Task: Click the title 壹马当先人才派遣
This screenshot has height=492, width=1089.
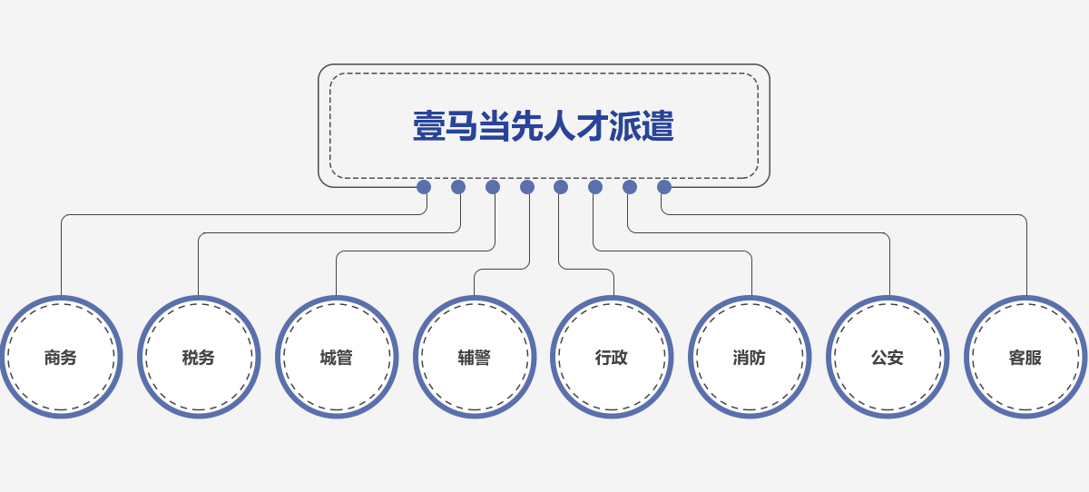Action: click(543, 126)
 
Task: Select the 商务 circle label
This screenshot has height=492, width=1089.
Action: click(61, 358)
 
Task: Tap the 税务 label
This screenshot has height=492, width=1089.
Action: click(199, 358)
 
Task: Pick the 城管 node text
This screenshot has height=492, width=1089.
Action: click(337, 358)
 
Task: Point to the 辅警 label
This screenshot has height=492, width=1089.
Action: click(475, 358)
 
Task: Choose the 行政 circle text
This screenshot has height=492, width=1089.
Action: click(612, 358)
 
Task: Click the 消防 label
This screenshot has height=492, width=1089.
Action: click(750, 358)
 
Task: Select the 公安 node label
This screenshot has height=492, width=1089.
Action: click(888, 358)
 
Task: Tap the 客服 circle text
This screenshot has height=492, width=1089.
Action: click(1025, 358)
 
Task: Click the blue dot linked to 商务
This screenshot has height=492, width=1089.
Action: click(424, 187)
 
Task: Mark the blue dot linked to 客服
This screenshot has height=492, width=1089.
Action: click(664, 187)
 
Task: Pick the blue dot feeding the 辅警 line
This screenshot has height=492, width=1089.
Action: click(527, 187)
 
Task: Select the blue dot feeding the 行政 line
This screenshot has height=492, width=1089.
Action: click(561, 187)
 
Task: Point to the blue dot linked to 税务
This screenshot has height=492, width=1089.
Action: click(458, 187)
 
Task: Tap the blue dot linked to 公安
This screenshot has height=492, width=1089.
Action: click(630, 187)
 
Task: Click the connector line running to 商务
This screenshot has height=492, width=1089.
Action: click(227, 215)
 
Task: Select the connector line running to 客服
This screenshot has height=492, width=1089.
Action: click(862, 215)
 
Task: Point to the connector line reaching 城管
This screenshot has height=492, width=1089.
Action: click(408, 251)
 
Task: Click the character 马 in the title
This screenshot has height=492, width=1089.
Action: click(462, 126)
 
